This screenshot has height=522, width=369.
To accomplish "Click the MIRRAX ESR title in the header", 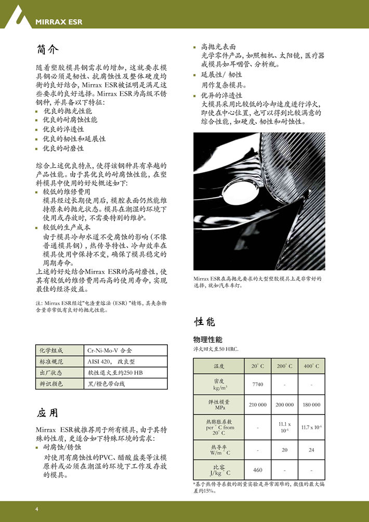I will [x=59, y=22].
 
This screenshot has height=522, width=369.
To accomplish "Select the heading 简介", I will [x=47, y=50].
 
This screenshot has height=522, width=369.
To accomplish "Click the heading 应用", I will [x=47, y=413].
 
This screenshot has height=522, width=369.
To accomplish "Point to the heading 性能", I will [x=203, y=322].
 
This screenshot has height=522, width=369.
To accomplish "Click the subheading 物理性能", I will [x=207, y=340].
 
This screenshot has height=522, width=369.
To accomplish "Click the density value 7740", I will [x=258, y=385].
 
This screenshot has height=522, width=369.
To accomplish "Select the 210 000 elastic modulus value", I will [x=258, y=404].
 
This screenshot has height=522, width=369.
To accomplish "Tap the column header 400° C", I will [x=311, y=367].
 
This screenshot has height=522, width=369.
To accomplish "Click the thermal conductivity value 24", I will [x=311, y=450].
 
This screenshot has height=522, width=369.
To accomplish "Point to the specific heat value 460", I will [x=258, y=470].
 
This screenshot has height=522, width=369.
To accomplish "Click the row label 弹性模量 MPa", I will [x=219, y=404].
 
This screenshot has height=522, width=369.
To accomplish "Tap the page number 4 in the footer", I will [x=37, y=508].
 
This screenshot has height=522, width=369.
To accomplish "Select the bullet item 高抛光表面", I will [x=218, y=46].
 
